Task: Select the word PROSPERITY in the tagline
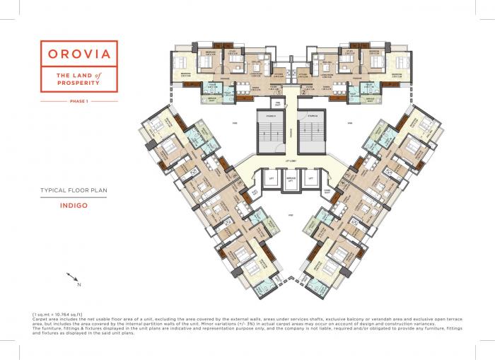tap(78, 83)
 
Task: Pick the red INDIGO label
tap(74, 207)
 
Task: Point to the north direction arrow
tap(72, 278)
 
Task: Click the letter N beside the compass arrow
tap(80, 284)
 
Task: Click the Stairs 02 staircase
tap(313, 132)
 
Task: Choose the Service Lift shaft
tap(289, 181)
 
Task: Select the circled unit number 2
tap(303, 91)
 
